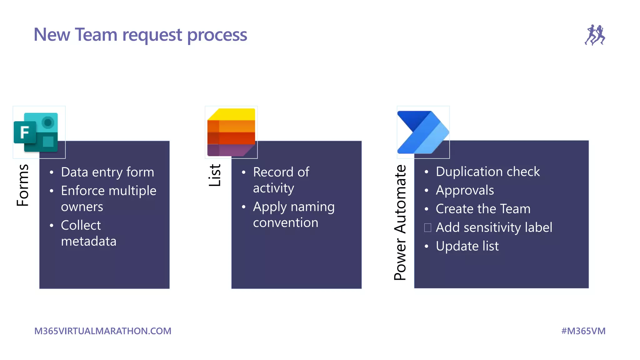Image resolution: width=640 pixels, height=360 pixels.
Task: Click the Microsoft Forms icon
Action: (36, 132)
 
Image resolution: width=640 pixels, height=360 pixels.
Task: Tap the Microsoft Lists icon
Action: (231, 132)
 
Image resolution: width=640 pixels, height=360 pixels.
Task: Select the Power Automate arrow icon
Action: (422, 132)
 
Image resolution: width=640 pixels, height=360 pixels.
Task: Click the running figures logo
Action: (595, 35)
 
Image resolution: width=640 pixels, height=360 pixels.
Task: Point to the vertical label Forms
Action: (23, 185)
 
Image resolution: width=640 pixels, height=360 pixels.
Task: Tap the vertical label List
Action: (215, 176)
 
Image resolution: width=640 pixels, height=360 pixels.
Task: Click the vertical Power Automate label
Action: (400, 222)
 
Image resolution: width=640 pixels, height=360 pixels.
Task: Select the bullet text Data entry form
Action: (107, 172)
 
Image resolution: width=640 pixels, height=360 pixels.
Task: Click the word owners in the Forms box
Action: (82, 207)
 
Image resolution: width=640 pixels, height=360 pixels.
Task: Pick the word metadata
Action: (89, 241)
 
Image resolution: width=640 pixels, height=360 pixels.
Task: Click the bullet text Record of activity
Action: (281, 180)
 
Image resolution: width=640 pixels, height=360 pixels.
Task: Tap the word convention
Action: (286, 223)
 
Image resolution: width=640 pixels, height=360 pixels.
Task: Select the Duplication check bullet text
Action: (487, 172)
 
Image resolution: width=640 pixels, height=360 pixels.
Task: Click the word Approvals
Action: (465, 190)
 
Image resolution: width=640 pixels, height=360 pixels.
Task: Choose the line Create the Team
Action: (483, 209)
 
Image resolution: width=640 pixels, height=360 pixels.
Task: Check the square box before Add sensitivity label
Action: (427, 227)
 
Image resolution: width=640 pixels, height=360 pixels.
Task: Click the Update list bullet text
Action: (467, 246)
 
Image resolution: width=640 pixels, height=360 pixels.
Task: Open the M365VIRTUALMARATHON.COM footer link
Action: (103, 331)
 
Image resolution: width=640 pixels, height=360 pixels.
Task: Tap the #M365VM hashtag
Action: (583, 331)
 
